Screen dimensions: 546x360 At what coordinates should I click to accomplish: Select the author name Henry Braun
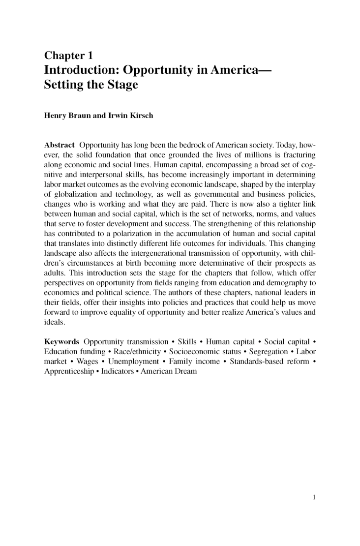[66, 116]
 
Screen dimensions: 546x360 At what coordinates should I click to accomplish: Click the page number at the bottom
[313, 497]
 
